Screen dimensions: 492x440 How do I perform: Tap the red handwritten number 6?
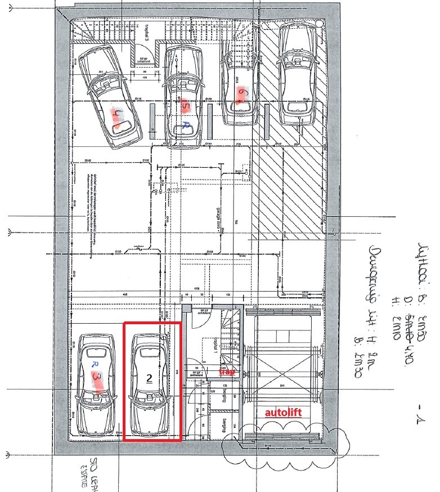[241, 97]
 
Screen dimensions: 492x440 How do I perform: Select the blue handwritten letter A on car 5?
[186, 124]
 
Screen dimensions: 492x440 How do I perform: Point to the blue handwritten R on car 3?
[93, 364]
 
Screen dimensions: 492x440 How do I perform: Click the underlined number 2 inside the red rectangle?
[150, 378]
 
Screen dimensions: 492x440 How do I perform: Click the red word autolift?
[284, 412]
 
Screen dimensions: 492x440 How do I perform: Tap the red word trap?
[227, 372]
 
